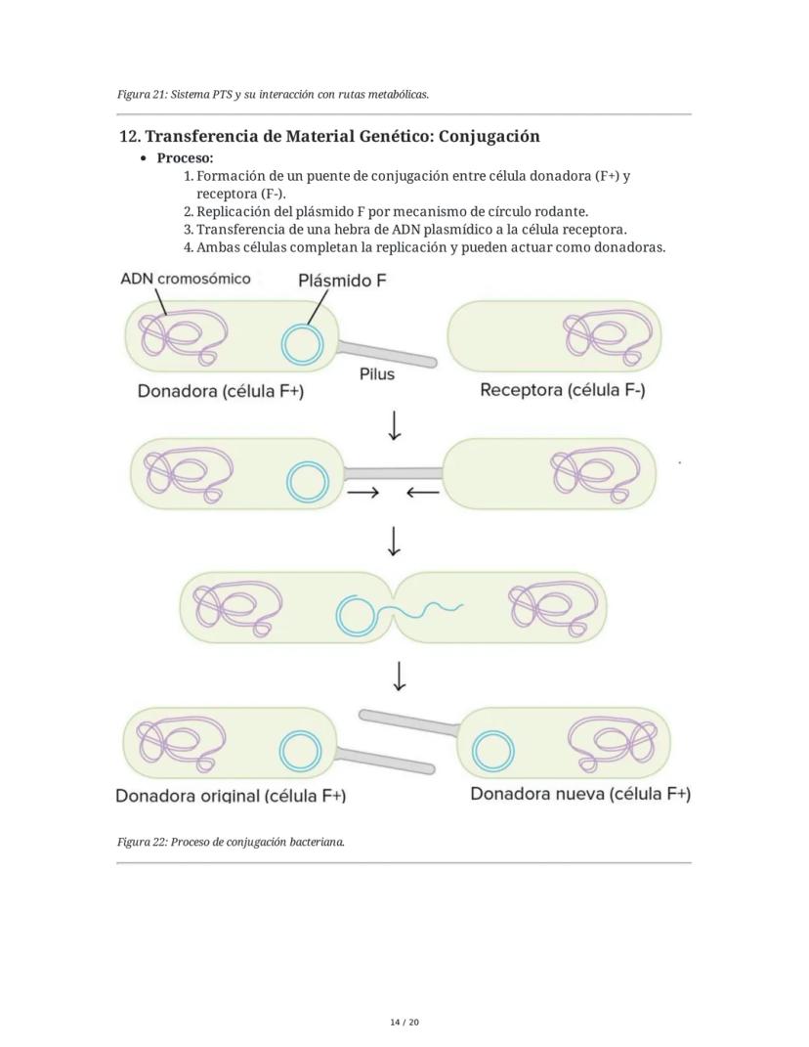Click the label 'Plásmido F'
pos(342,282)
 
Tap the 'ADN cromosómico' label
pos(185,279)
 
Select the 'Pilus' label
pos(377,373)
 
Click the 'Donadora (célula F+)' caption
pos(221,392)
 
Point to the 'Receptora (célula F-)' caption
pos(563,390)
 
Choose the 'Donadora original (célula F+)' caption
pos(231,795)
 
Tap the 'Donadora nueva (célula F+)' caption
pos(580,793)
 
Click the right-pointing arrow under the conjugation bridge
pos(362,493)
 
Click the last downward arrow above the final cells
pos(398,676)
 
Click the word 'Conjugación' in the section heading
pos(489,136)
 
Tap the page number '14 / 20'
pos(404,1022)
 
